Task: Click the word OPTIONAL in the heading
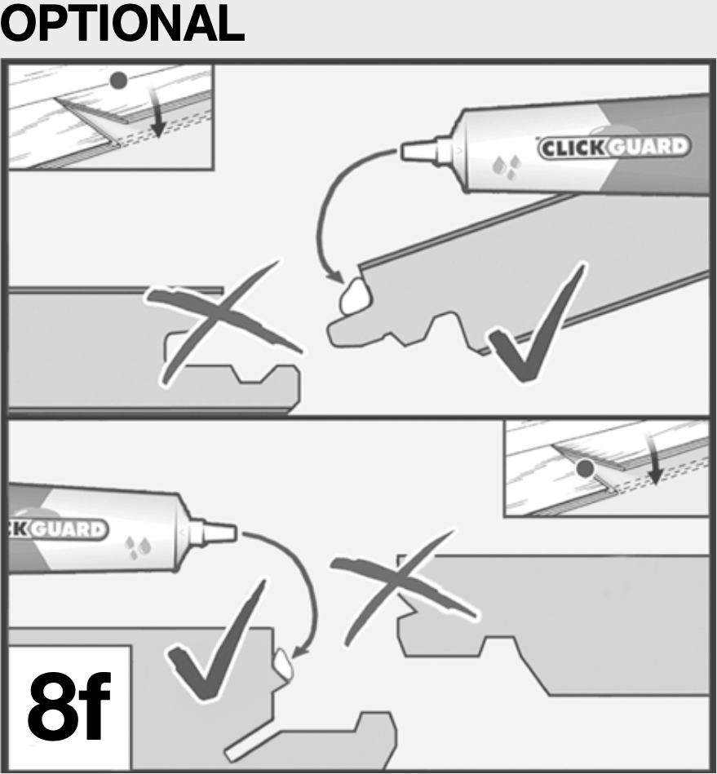tap(122, 23)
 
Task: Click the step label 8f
tap(69, 706)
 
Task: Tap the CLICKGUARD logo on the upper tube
tap(613, 147)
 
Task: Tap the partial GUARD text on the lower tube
tap(58, 529)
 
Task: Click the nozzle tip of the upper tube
tap(402, 151)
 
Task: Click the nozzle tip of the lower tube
tap(234, 533)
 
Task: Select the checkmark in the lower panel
tap(217, 642)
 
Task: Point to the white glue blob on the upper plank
tap(355, 295)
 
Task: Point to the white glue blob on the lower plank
tap(283, 663)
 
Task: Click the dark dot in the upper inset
tap(118, 81)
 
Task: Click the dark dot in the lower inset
tap(585, 468)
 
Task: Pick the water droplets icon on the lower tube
tap(138, 547)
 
